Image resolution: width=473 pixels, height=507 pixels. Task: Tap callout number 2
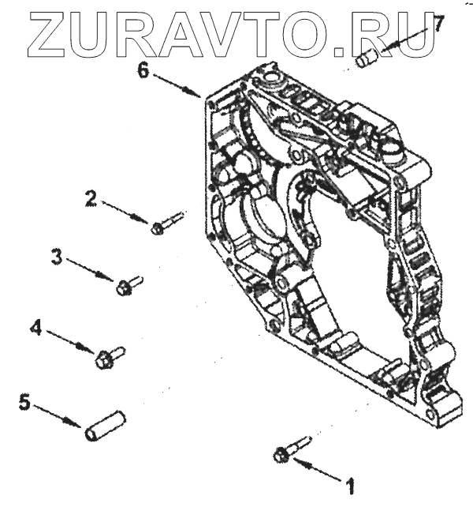pos(91,200)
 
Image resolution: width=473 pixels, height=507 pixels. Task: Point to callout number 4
pos(35,327)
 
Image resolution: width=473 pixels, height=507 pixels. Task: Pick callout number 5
pos(24,403)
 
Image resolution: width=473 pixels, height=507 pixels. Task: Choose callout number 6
pos(143,69)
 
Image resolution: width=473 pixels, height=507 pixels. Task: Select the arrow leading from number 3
pos(91,269)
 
